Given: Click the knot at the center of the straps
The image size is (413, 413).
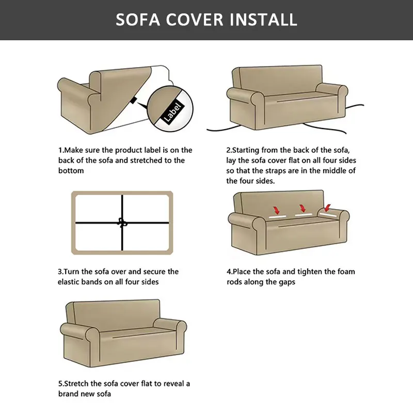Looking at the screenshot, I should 122,223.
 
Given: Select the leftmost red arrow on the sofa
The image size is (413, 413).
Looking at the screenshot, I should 276,211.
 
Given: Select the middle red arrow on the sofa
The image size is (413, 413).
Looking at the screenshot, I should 301,209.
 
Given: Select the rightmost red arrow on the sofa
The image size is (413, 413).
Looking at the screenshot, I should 326,209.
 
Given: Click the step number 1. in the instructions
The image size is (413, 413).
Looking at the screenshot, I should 60,150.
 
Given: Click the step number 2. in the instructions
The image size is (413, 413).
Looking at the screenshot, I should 230,150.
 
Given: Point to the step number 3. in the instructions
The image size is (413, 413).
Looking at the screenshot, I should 60,272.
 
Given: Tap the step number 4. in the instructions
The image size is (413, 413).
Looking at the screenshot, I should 230,272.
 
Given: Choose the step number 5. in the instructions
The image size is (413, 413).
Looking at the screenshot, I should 60,384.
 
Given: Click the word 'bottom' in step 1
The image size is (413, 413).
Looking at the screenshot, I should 71,171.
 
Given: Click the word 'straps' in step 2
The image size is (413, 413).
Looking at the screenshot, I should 290,171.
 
